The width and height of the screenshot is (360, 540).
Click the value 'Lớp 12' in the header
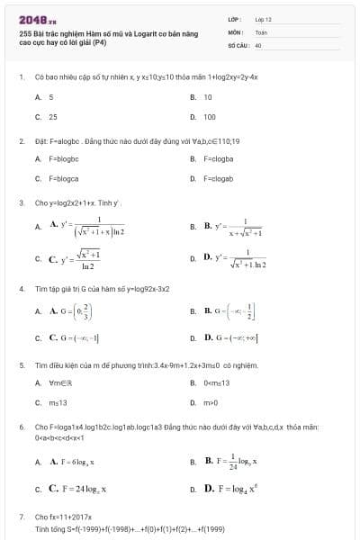pos(263,18)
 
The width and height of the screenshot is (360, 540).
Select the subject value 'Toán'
pos(261,31)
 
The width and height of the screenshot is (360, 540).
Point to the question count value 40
pos(258,44)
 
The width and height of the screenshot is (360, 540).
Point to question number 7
pos(21,517)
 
